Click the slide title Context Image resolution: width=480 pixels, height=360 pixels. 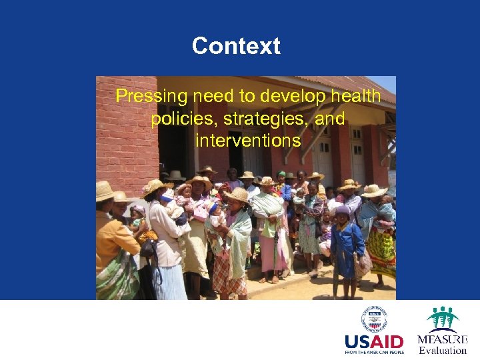236,47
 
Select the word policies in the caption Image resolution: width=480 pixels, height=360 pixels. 179,119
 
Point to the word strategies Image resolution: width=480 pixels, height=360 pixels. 258,119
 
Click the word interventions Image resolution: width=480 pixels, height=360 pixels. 248,141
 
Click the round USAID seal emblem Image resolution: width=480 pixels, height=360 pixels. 376,319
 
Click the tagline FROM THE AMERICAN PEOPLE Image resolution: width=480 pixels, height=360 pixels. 374,352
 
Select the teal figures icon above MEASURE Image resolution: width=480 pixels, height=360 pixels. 443,319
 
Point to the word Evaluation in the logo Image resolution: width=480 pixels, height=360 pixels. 443,351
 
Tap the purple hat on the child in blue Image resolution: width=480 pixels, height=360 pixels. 343,211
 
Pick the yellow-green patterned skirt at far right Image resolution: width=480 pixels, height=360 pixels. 381,253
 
